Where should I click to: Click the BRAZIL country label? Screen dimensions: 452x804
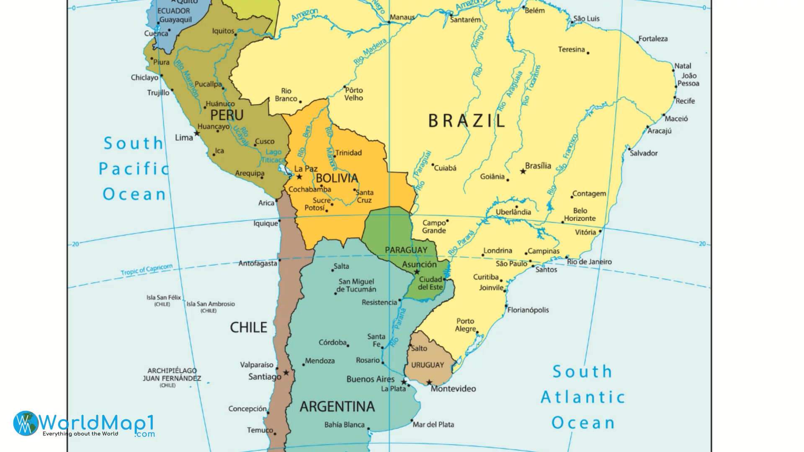[x=466, y=121]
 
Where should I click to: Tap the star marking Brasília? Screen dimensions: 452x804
[x=523, y=171]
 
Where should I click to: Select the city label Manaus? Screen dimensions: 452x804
[x=402, y=18]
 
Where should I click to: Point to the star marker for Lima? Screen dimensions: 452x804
[x=197, y=134]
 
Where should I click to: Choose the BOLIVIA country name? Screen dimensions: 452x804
[x=337, y=178]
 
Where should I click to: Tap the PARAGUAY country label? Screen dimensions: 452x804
[x=406, y=250]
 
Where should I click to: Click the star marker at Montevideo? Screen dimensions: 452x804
[x=429, y=382]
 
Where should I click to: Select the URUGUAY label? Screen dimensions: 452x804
[x=427, y=365]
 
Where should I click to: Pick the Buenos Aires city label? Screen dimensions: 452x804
[x=370, y=379]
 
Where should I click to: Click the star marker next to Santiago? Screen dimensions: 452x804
[x=286, y=372]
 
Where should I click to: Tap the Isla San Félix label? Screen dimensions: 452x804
[x=163, y=298]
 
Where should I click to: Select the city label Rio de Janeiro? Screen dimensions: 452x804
[x=589, y=262]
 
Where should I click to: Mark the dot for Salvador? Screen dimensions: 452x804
[x=629, y=148]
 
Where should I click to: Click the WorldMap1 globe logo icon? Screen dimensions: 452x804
[x=25, y=423]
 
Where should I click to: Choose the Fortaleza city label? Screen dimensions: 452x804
[x=653, y=39]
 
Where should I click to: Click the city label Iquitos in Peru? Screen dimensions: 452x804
[x=223, y=31]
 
